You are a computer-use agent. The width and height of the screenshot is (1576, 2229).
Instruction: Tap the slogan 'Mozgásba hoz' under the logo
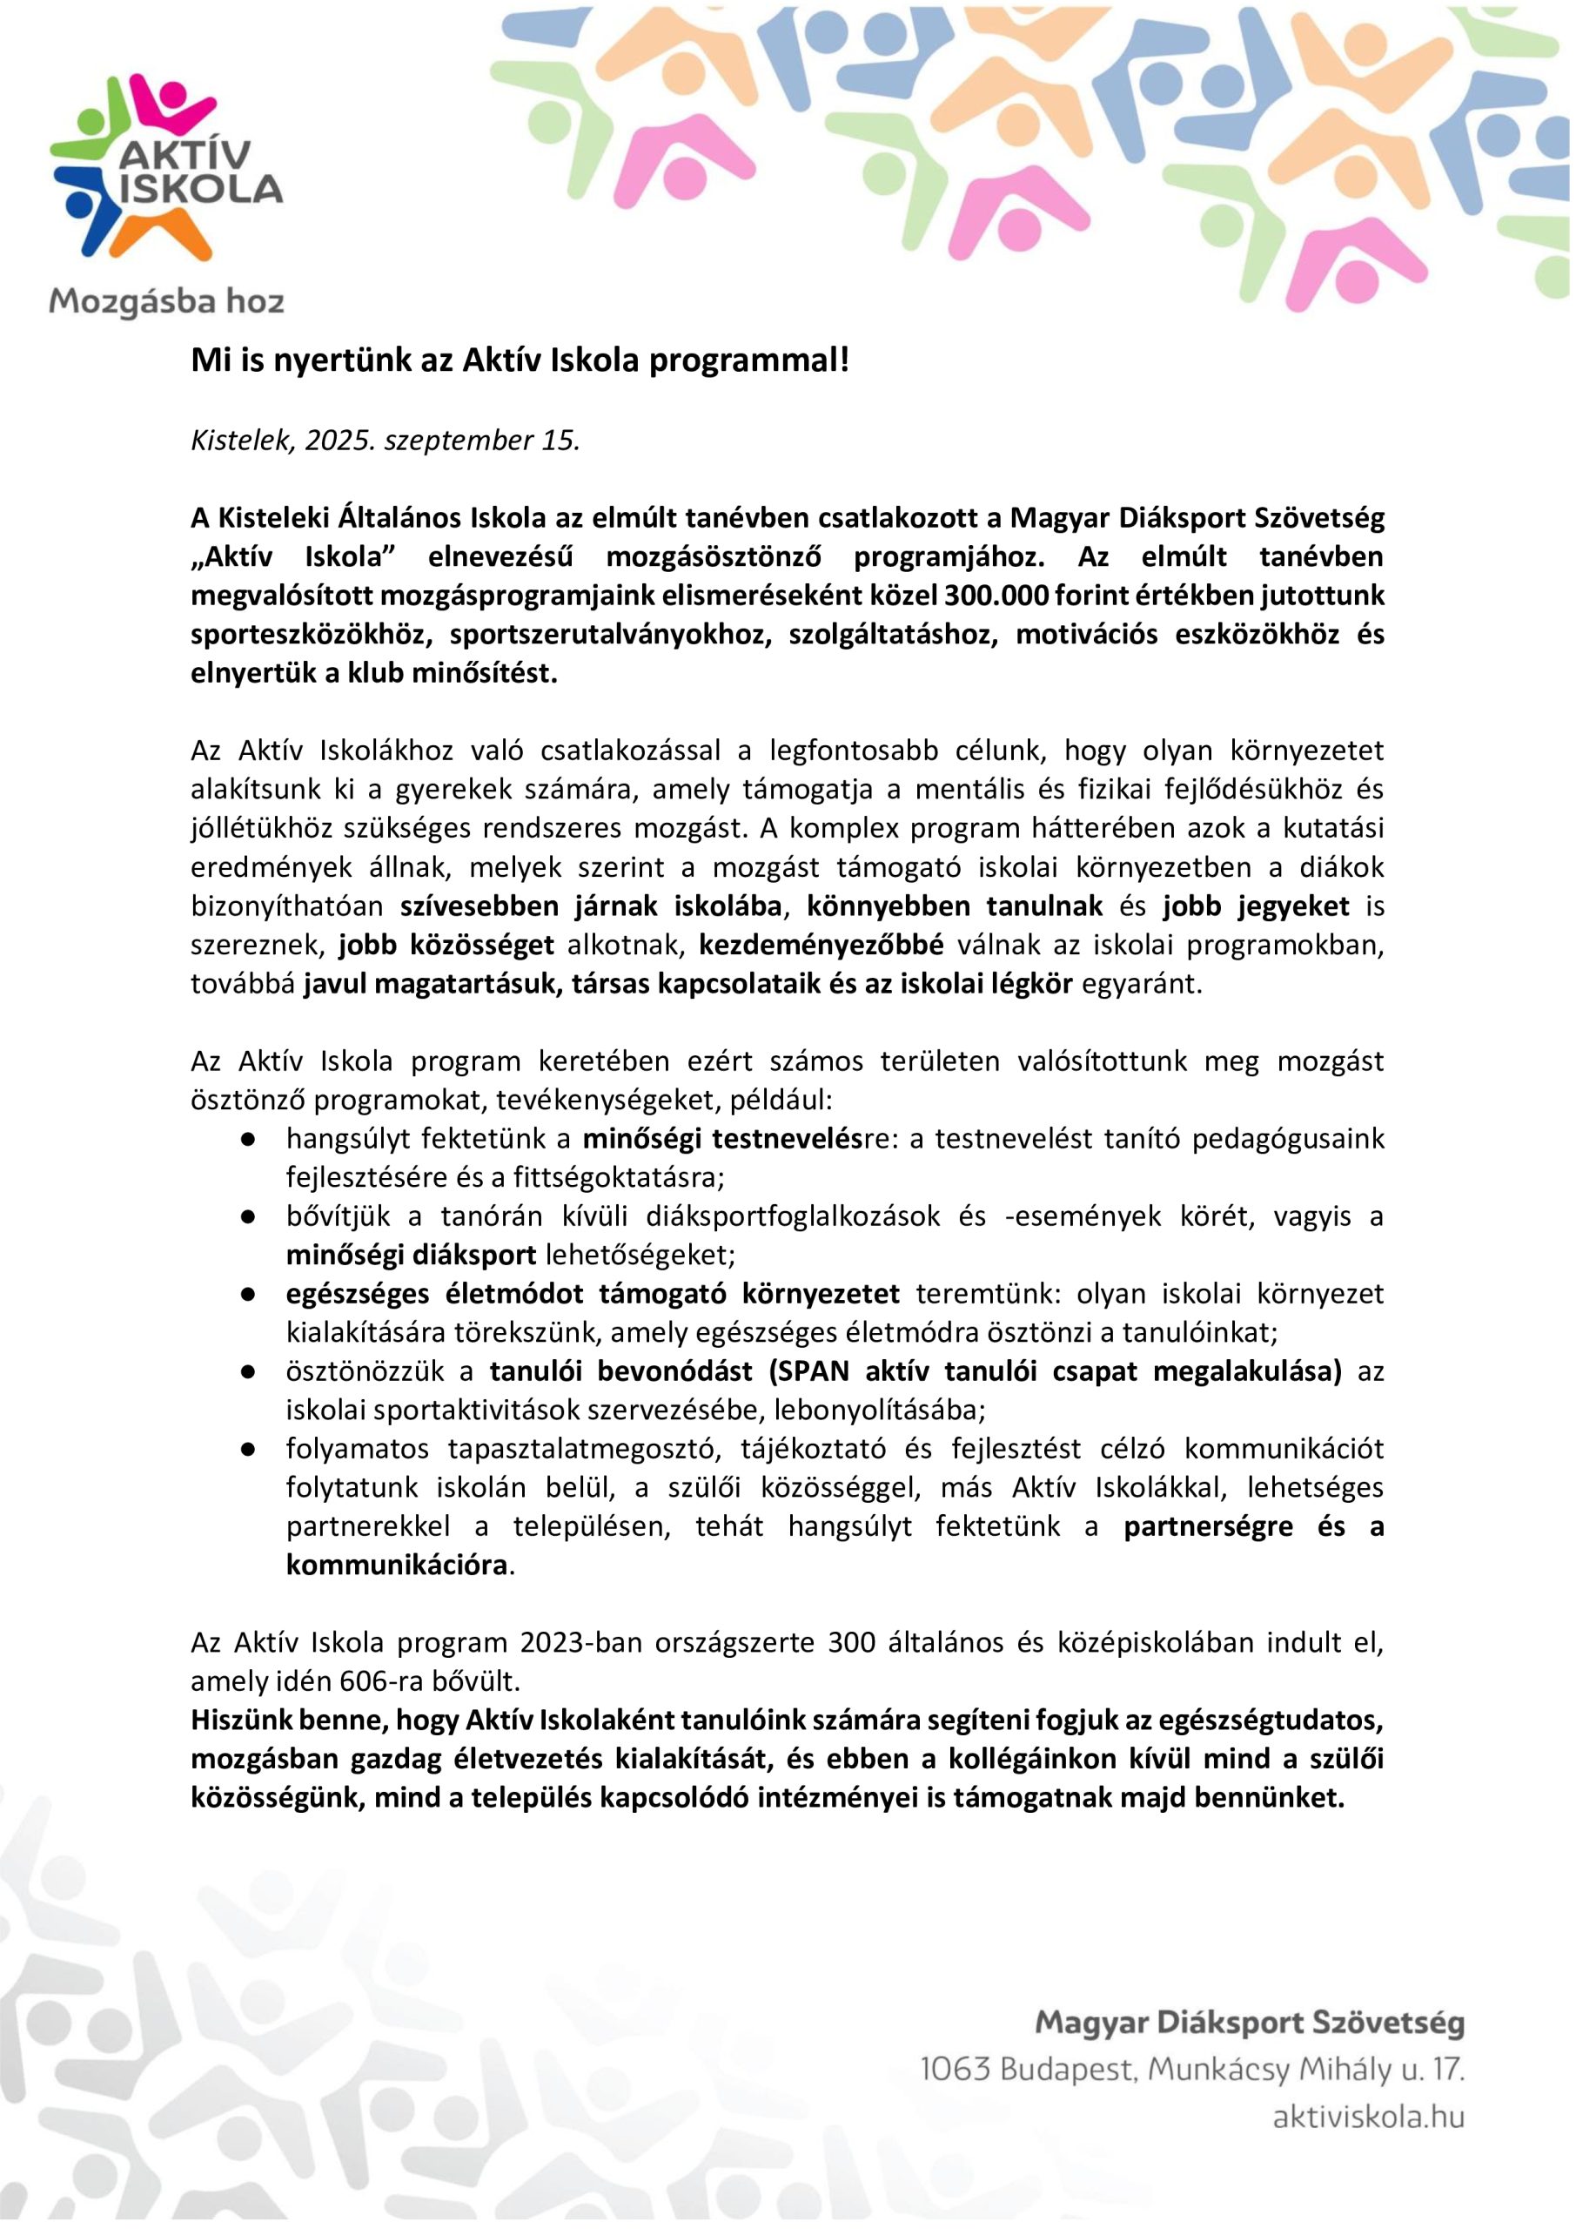[x=166, y=302]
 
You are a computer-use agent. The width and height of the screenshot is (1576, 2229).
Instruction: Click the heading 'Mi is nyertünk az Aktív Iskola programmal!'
[x=520, y=360]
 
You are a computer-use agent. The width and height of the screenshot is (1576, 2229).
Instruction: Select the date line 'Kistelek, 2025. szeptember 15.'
[x=386, y=440]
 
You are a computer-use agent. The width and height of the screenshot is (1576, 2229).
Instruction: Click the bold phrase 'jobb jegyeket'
[x=1256, y=906]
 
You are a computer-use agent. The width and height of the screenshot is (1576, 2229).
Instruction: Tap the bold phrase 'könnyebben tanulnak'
[x=954, y=906]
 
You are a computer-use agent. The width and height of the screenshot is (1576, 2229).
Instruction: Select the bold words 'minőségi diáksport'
[x=411, y=1256]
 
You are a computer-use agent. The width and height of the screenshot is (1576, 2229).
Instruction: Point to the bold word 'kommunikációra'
[x=396, y=1566]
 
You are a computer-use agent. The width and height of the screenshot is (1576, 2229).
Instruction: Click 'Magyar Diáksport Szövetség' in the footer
[x=1249, y=2024]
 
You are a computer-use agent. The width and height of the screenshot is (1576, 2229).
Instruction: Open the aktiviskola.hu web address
[x=1367, y=2118]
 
